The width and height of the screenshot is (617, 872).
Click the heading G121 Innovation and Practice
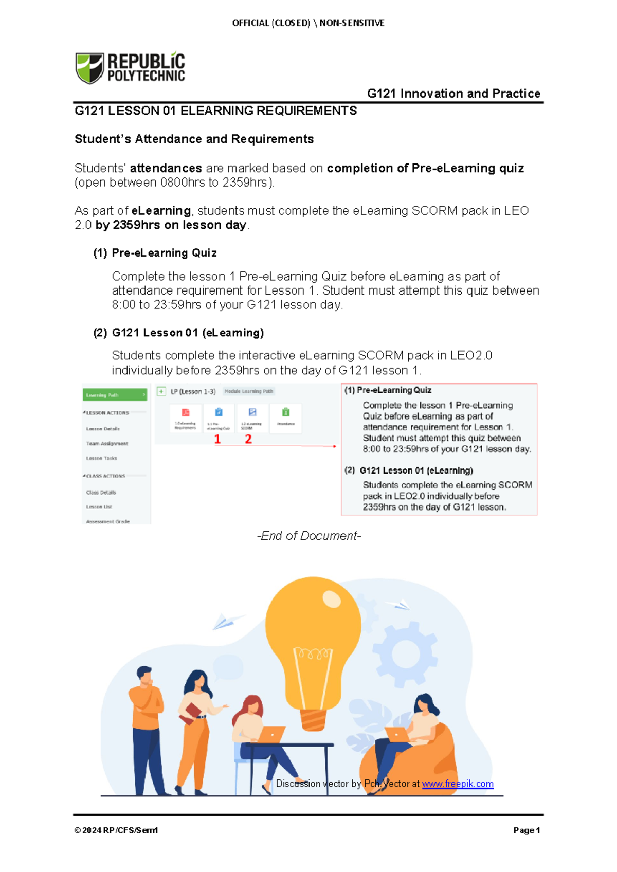point(453,94)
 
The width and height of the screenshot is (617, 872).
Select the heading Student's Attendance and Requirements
point(194,139)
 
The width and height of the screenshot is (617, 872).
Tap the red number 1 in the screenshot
point(217,439)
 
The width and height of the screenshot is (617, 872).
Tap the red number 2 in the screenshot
point(248,439)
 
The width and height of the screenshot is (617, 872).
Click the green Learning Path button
point(115,395)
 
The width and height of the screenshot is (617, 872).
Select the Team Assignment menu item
point(107,443)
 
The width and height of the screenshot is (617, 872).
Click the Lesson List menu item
point(99,507)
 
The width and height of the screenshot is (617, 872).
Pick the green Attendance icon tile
point(286,416)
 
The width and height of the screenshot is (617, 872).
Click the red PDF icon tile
point(186,416)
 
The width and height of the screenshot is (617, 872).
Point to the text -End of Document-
point(309,536)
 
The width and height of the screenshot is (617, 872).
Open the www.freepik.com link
point(458,784)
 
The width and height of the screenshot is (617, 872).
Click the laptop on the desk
point(271,734)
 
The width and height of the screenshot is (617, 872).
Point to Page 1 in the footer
point(526,830)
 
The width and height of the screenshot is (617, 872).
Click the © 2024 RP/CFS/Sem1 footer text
point(116,830)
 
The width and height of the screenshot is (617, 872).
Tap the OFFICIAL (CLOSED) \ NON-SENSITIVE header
point(308,23)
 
